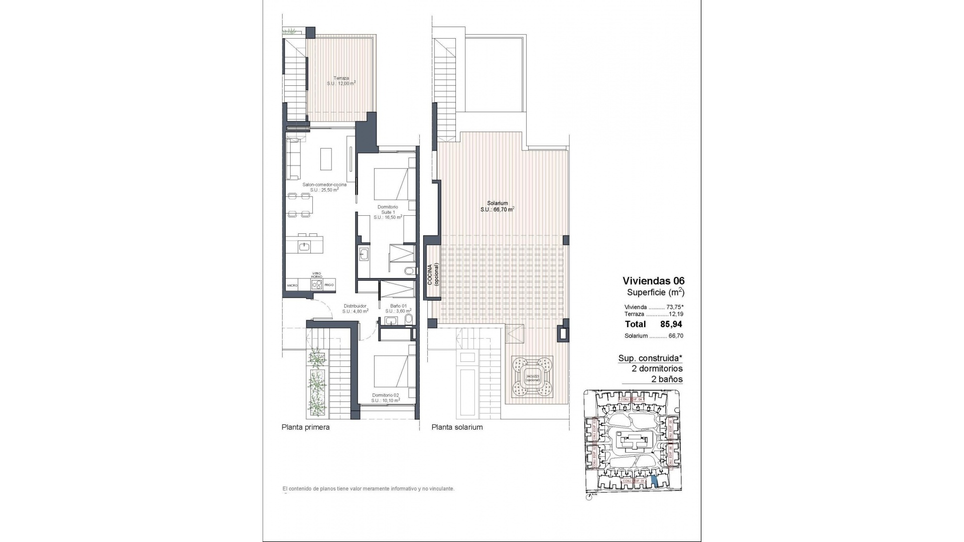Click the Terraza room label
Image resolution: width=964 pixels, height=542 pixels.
click(x=341, y=81)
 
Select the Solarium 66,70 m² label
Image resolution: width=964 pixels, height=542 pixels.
click(x=497, y=206)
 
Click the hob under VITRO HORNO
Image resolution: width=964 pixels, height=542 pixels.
click(x=317, y=285)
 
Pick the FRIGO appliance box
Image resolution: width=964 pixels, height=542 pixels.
click(x=329, y=285)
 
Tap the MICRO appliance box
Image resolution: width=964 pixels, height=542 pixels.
click(x=292, y=285)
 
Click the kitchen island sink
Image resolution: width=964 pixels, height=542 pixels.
click(x=304, y=246)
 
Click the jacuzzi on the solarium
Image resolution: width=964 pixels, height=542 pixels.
click(x=532, y=376)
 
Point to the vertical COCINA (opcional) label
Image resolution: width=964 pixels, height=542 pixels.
click(x=433, y=274)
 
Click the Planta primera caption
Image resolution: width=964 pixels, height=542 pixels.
click(x=305, y=428)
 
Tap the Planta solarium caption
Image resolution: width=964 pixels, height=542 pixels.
click(x=457, y=428)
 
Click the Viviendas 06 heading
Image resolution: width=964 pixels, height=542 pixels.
click(x=653, y=281)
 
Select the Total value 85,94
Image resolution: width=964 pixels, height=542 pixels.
click(x=671, y=324)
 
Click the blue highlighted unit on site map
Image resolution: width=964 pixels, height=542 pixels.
click(x=654, y=481)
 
